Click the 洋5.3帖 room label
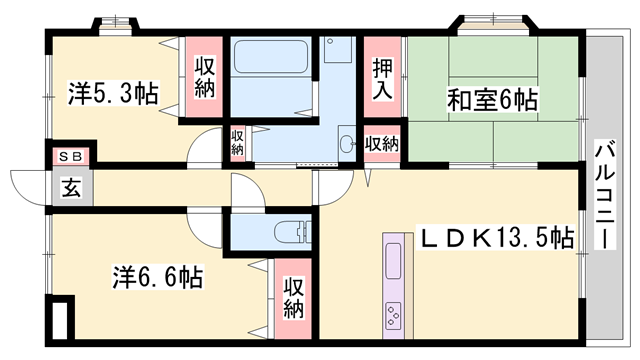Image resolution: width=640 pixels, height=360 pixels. coord(113,93)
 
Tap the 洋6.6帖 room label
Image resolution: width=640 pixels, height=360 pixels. coord(158,277)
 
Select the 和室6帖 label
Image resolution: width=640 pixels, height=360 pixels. coord(492,100)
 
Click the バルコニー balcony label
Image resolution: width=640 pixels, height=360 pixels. coord(604,194)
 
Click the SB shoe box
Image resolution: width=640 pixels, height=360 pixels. coord(71,156)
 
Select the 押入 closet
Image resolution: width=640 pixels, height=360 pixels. coord(382,77)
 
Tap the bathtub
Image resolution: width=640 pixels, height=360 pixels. coord(271,56)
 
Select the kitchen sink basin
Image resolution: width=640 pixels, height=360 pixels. coord(393,261)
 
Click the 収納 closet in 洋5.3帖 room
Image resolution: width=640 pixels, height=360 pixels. coord(204,77)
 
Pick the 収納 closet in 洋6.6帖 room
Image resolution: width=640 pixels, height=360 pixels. coord(293,299)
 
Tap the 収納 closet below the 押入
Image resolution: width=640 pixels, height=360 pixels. coord(382,143)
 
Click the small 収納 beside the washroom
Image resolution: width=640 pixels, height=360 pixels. coord(237,143)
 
